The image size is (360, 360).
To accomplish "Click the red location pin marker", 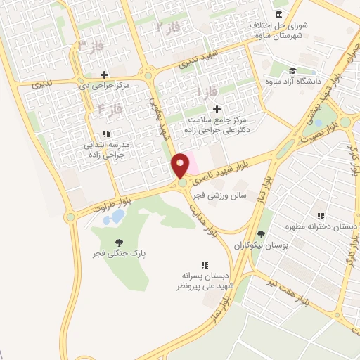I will point(181,165).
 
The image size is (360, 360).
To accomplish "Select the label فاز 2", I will point(169,27).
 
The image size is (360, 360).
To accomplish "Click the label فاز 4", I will point(111,109).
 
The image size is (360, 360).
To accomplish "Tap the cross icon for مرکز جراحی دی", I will point(105,75).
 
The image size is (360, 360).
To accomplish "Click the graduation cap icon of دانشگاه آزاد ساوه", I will point(292,70).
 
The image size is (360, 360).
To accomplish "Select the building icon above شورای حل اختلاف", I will point(280,14).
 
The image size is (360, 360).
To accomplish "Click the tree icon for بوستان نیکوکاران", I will point(262,234).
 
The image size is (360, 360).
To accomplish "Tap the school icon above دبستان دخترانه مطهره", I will point(321,216).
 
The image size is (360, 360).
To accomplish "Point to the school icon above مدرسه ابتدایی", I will point(105,133).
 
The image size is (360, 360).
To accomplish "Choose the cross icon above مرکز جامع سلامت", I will point(217,109).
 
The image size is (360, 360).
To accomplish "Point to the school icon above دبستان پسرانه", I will point(205,265).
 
